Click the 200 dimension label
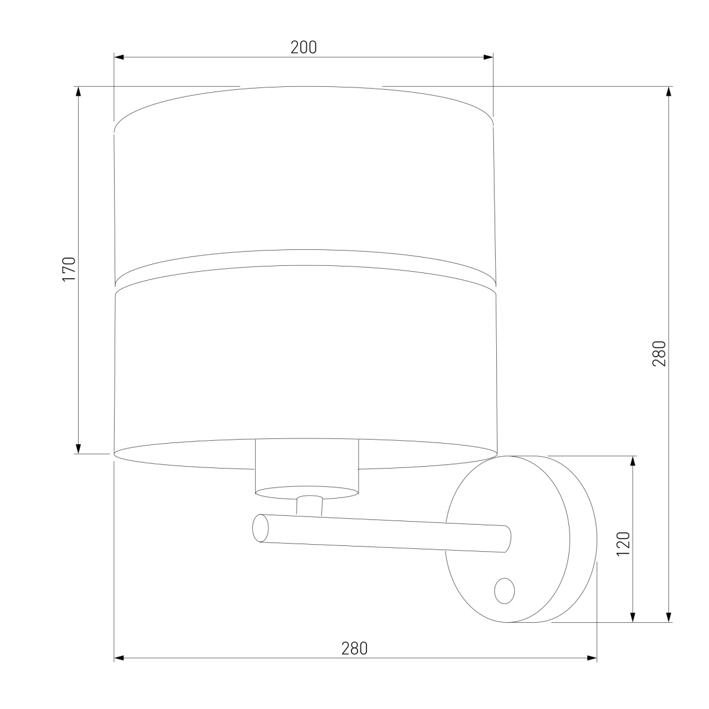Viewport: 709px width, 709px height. click(304, 48)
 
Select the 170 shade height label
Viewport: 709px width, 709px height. click(69, 269)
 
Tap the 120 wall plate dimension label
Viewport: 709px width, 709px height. click(623, 544)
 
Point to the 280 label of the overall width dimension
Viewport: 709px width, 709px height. click(354, 648)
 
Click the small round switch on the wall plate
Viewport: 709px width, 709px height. click(504, 591)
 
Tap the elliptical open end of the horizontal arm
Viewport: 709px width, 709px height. click(260, 528)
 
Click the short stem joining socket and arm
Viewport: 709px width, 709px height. click(309, 506)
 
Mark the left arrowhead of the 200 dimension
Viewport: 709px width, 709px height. click(118, 57)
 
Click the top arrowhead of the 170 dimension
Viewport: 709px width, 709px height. click(77, 92)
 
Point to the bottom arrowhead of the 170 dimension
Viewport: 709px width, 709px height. click(77, 449)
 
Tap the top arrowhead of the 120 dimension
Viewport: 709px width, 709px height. click(633, 461)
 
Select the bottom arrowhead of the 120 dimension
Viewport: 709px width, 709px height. click(633, 617)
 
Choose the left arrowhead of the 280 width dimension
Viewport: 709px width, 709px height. click(119, 658)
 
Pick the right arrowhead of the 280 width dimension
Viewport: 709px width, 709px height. click(592, 658)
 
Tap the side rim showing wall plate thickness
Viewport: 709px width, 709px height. click(582, 539)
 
